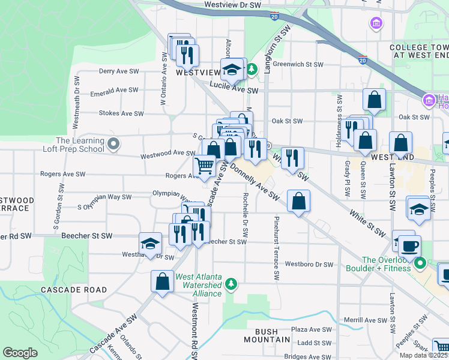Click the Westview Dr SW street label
click(x=234, y=4)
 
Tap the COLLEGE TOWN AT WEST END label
click(x=418, y=51)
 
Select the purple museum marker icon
click(x=376, y=24)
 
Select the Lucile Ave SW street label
click(x=234, y=91)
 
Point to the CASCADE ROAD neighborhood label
click(x=74, y=290)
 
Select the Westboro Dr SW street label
click(x=309, y=264)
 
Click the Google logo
click(x=20, y=353)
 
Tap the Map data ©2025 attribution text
click(x=423, y=355)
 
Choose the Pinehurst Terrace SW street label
click(x=277, y=248)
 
